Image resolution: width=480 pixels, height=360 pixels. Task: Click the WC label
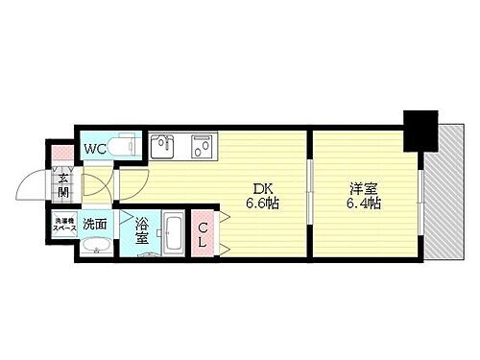tap(94, 148)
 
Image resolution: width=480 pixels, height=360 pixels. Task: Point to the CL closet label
tap(204, 233)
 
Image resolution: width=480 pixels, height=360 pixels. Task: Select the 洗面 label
tap(94, 224)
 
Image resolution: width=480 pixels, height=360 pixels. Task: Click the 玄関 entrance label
tap(63, 180)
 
